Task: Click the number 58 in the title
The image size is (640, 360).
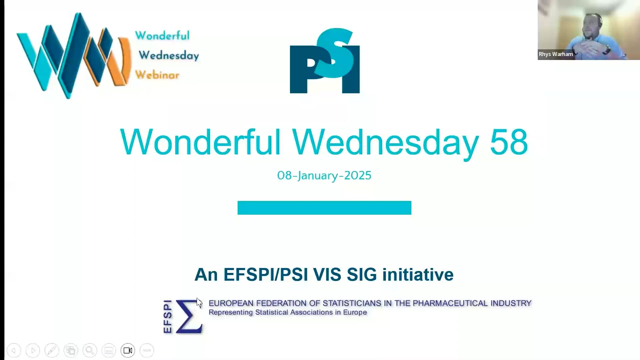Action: coord(509,142)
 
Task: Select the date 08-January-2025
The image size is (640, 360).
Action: coord(324,175)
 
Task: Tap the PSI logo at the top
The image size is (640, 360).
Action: coord(325,61)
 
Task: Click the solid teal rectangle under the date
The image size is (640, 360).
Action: coord(324,208)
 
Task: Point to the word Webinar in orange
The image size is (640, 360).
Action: coord(157,75)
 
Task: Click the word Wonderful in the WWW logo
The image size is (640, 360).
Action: coord(162,35)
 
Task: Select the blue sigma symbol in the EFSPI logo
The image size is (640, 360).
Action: coord(189,316)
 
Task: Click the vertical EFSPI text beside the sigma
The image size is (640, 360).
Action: coord(168,316)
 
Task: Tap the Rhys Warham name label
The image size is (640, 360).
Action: coord(556,54)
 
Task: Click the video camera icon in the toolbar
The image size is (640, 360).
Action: coord(128,350)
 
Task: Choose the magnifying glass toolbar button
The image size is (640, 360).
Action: coord(90,350)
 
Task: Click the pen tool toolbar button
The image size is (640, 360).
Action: coord(52,350)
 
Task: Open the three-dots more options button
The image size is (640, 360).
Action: coord(147,350)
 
